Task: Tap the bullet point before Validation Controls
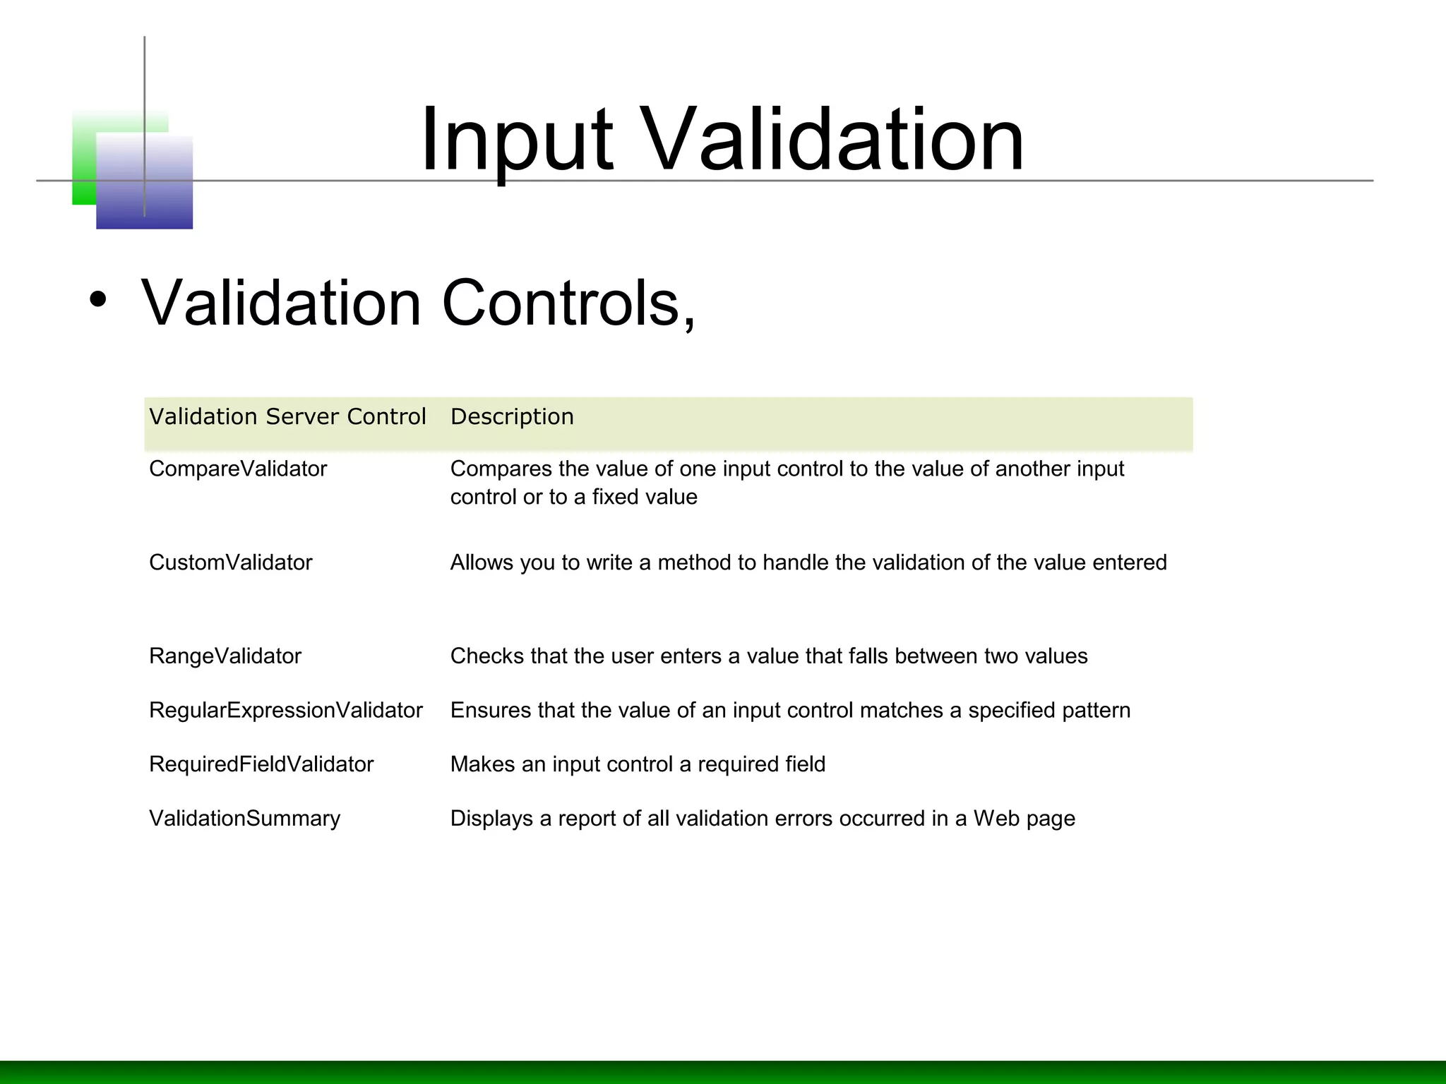[98, 300]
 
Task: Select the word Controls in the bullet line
[568, 303]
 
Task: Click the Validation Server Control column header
[287, 417]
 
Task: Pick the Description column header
[512, 417]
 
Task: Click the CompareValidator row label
[238, 469]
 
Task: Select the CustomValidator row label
[230, 563]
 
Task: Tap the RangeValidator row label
[225, 656]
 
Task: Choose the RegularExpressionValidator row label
[285, 711]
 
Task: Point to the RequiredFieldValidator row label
[261, 764]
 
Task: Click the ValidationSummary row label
[244, 819]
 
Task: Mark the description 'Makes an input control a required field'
[637, 764]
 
